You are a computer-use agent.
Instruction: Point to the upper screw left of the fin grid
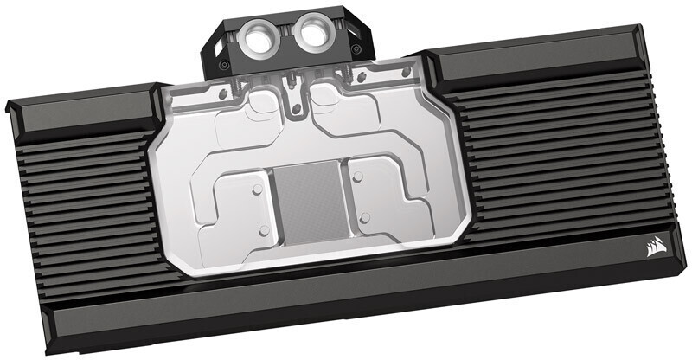click(x=258, y=184)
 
